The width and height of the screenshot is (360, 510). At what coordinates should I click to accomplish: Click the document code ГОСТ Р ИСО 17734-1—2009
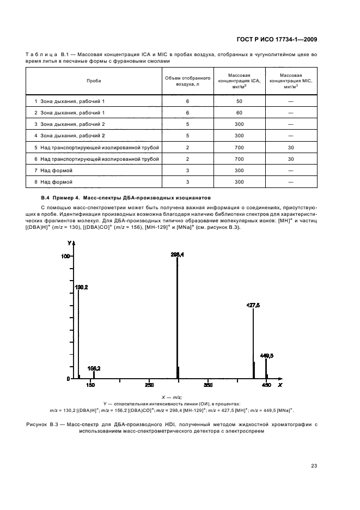click(x=277, y=39)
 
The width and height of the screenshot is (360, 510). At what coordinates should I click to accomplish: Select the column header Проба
click(x=94, y=80)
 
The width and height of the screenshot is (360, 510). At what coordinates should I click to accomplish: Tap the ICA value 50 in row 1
click(x=239, y=102)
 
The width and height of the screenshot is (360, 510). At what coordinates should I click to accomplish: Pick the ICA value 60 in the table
click(x=239, y=113)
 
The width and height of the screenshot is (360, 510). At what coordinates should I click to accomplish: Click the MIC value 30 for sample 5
click(x=291, y=147)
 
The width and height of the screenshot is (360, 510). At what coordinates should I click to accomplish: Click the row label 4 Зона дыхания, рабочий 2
click(x=69, y=136)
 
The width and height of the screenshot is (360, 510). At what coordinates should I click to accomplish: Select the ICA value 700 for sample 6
click(x=239, y=159)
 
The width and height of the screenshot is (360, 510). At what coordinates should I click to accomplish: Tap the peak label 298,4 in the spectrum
click(x=177, y=254)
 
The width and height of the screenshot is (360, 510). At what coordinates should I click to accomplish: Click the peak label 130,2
click(x=81, y=286)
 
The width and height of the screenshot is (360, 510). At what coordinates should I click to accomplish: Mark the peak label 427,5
click(x=253, y=306)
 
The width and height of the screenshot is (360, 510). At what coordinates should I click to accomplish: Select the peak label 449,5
click(x=266, y=355)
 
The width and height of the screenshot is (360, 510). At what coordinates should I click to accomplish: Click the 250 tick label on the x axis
click(x=149, y=385)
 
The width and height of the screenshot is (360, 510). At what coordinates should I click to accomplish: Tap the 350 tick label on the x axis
click(x=208, y=385)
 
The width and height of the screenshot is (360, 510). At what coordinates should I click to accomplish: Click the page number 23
click(x=314, y=465)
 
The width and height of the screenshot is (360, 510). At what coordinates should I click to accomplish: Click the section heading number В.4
click(x=45, y=197)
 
